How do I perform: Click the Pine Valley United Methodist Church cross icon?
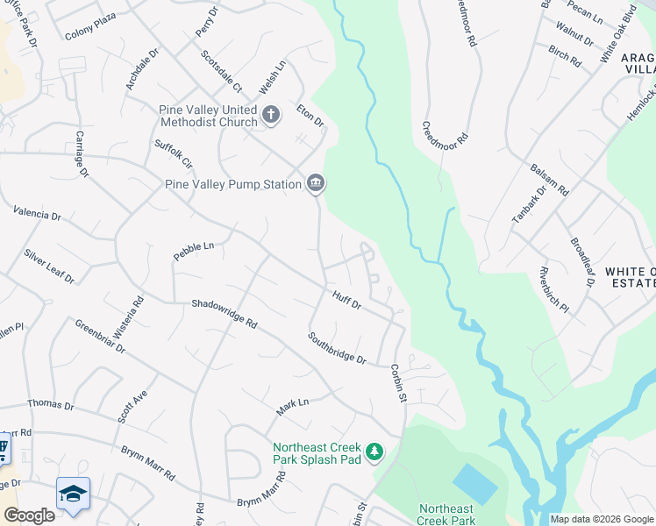click(271, 114)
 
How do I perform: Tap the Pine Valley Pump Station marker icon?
click(316, 183)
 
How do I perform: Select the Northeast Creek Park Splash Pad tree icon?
click(375, 451)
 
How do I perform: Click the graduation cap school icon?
click(73, 493)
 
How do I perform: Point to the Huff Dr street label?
click(347, 300)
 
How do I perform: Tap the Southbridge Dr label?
click(336, 348)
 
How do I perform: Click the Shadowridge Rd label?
click(225, 314)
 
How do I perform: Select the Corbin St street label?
click(399, 383)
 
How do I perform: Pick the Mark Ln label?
click(293, 407)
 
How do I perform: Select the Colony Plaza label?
click(90, 36)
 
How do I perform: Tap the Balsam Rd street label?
click(550, 179)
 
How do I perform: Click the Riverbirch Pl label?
click(554, 290)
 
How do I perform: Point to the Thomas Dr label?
click(51, 404)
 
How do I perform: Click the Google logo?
click(29, 515)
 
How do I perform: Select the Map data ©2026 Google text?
click(601, 519)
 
